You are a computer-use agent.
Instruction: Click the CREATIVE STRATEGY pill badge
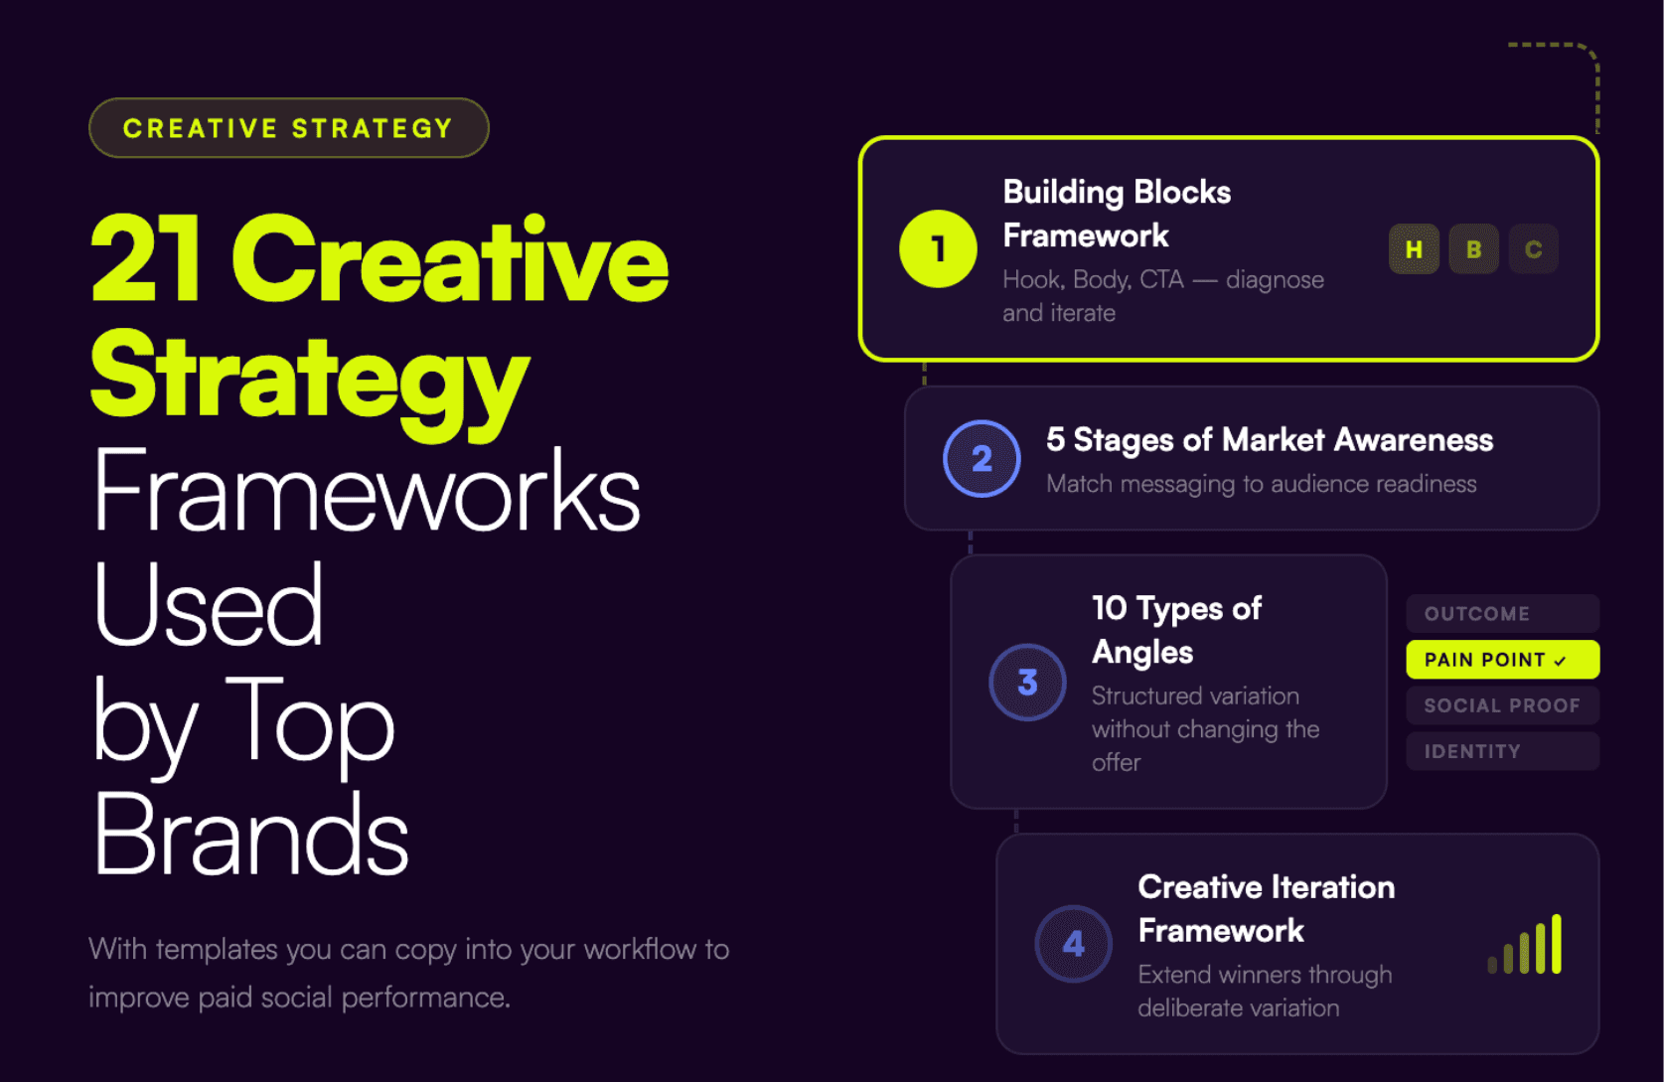point(288,128)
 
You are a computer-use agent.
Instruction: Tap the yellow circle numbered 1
point(938,248)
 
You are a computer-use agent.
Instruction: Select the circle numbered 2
point(982,458)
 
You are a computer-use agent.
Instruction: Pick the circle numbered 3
point(1027,683)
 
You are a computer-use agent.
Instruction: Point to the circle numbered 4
point(1073,944)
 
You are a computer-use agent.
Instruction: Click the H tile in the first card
point(1414,249)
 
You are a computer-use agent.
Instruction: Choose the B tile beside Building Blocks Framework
point(1473,249)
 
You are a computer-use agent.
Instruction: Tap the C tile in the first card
point(1533,249)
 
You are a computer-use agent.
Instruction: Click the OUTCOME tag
point(1502,614)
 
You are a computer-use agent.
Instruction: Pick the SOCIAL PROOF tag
point(1502,705)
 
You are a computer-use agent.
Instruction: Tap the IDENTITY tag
point(1502,751)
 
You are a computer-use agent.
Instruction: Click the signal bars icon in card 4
point(1526,946)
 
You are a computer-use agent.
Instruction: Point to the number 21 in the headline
point(147,260)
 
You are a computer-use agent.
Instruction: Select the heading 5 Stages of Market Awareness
point(1269,440)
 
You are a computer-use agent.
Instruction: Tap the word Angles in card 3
point(1141,653)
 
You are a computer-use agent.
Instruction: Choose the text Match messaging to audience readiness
point(1261,484)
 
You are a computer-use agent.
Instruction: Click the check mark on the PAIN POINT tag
point(1561,661)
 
